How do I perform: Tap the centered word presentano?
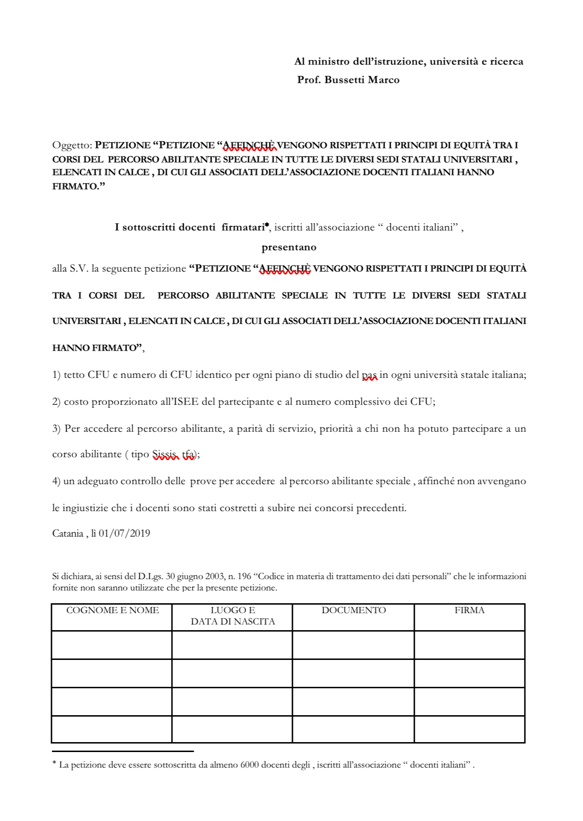click(289, 247)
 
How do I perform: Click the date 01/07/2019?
click(124, 533)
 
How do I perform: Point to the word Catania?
click(68, 533)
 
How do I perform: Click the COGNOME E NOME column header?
click(112, 610)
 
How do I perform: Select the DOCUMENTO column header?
click(353, 610)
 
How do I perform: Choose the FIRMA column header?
click(469, 610)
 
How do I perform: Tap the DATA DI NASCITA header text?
click(232, 622)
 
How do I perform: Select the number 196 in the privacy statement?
click(244, 576)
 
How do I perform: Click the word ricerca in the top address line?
click(506, 61)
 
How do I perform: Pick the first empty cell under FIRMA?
click(469, 645)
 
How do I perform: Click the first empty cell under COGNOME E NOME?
click(111, 645)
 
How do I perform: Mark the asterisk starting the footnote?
click(54, 763)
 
